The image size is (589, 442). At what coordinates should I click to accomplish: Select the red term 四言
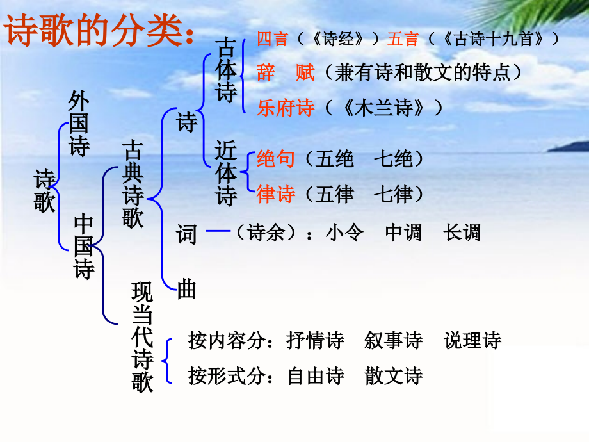272,39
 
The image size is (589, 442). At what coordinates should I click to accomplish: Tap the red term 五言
403,39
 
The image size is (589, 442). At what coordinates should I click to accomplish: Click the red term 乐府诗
286,108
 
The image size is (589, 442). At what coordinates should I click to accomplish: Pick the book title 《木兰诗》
383,108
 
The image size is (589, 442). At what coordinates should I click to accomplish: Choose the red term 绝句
275,158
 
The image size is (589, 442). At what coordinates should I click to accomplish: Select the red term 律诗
275,193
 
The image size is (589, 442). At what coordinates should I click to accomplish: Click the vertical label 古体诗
227,70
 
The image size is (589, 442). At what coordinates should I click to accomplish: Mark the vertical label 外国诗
79,125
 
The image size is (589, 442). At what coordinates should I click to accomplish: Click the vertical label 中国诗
84,247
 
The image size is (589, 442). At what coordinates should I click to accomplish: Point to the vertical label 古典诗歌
133,186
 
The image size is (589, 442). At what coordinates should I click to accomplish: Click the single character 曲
186,290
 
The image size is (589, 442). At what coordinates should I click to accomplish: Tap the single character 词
186,234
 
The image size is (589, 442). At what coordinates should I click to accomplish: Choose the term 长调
462,232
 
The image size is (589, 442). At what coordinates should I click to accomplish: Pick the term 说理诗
472,340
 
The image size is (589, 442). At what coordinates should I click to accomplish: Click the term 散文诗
394,375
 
